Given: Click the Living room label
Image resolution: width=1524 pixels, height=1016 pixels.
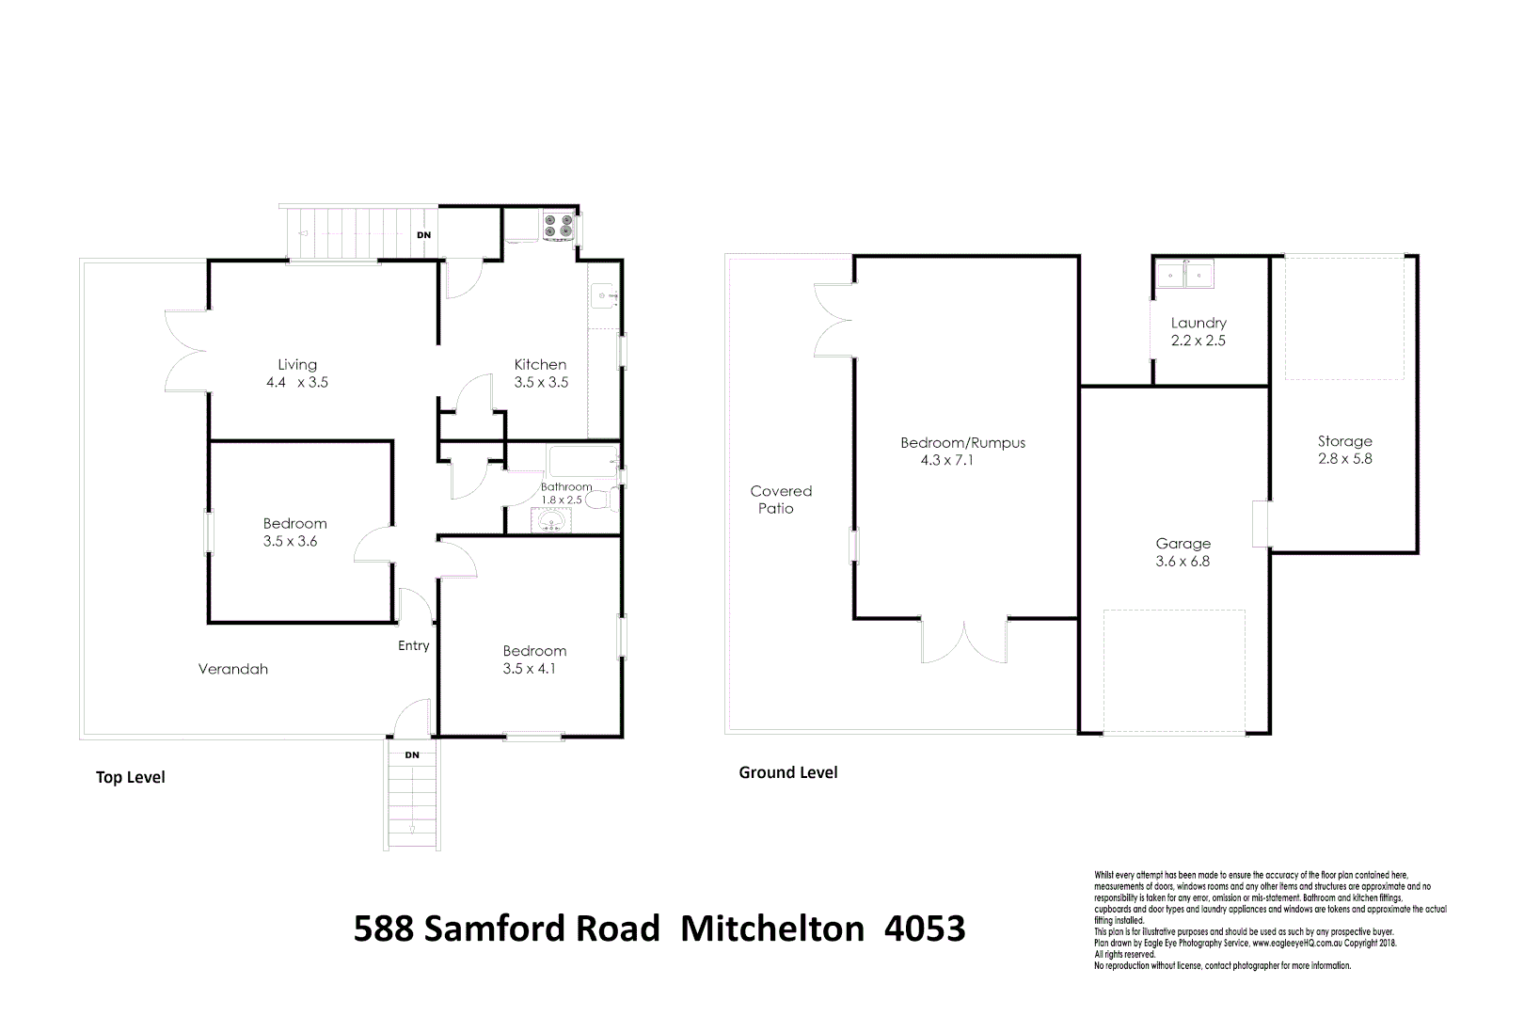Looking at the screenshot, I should pyautogui.click(x=297, y=365).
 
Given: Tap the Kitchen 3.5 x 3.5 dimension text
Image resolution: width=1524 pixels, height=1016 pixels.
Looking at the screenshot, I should pyautogui.click(x=541, y=383).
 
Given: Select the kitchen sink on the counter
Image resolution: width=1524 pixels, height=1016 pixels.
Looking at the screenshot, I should pyautogui.click(x=602, y=297).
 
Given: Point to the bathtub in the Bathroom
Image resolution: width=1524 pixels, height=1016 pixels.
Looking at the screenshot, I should pyautogui.click(x=582, y=463).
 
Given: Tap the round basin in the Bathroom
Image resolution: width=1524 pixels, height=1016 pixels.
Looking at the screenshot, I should pyautogui.click(x=548, y=520).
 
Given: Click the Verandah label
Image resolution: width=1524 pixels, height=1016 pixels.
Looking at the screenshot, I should pyautogui.click(x=233, y=669).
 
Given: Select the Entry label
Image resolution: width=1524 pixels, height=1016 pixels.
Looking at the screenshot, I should pyautogui.click(x=413, y=645).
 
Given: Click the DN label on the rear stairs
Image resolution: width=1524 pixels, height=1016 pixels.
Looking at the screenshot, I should pyautogui.click(x=424, y=234).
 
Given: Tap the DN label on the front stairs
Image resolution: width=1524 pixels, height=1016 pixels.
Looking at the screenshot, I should pyautogui.click(x=412, y=755).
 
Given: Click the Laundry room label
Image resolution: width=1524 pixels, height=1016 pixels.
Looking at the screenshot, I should pyautogui.click(x=1199, y=323).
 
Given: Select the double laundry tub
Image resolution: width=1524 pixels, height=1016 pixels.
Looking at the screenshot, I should pyautogui.click(x=1185, y=275).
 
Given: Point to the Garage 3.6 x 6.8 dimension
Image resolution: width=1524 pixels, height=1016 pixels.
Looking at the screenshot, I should pyautogui.click(x=1183, y=562).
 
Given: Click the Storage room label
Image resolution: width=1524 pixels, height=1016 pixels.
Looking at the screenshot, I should pyautogui.click(x=1344, y=441).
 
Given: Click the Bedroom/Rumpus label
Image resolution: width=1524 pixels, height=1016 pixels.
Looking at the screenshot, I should pyautogui.click(x=962, y=443).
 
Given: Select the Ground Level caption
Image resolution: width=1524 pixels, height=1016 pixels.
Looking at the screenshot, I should pyautogui.click(x=787, y=772).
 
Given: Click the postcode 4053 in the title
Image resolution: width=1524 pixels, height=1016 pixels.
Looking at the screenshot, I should pyautogui.click(x=926, y=929).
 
